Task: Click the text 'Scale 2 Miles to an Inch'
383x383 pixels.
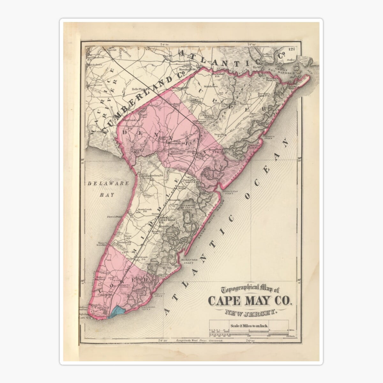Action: coord(250,326)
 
